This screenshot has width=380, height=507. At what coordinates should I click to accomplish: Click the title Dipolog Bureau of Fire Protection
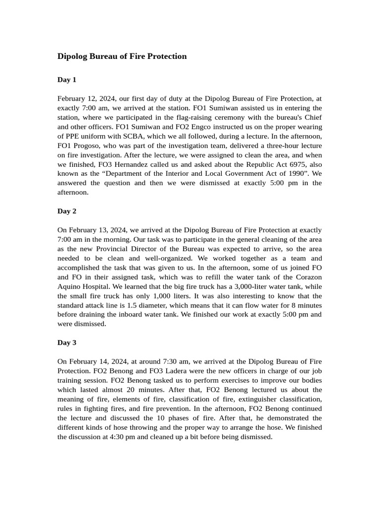[122, 56]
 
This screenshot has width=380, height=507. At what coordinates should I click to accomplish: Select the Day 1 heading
[67, 80]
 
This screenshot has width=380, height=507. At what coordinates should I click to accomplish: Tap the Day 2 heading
[67, 211]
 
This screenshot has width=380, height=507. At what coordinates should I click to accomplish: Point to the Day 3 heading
[67, 343]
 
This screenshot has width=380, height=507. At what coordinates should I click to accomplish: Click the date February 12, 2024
[87, 99]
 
